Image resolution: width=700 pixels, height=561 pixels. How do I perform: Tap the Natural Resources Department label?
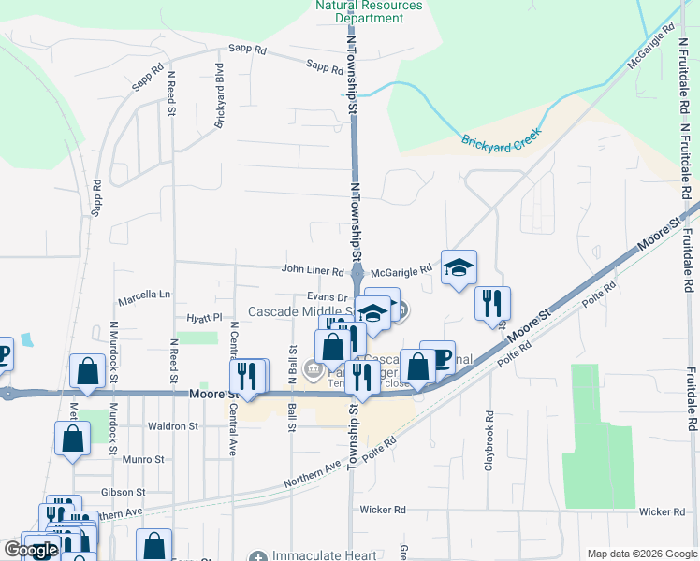[x=369, y=11]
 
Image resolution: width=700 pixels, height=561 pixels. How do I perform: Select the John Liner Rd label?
[x=314, y=270]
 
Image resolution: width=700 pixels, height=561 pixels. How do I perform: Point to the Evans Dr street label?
[x=328, y=296]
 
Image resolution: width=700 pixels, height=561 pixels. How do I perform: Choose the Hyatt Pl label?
[x=203, y=318]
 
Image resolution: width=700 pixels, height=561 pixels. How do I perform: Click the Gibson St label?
[x=123, y=492]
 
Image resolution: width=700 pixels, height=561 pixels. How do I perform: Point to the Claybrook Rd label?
[x=489, y=439]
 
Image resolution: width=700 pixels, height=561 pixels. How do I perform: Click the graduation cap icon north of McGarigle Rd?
[x=459, y=269]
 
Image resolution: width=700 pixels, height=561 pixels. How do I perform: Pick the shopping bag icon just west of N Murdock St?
[x=87, y=370]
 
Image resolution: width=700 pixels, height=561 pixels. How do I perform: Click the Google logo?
[x=31, y=550]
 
